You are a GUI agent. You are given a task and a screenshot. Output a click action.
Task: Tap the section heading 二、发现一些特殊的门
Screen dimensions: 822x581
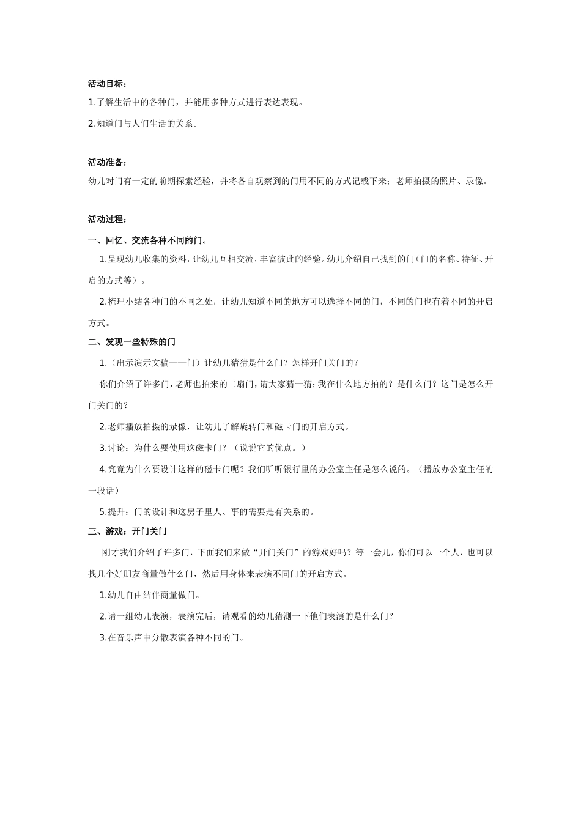pyautogui.click(x=131, y=341)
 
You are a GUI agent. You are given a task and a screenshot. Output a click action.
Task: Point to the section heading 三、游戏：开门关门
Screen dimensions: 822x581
pyautogui.click(x=127, y=531)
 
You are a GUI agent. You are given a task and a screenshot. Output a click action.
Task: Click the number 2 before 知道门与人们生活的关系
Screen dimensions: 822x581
pyautogui.click(x=91, y=124)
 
